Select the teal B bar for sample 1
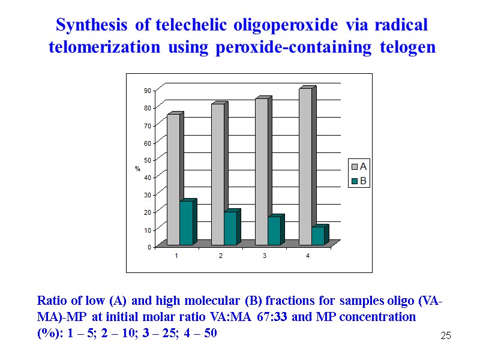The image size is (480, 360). point(186,223)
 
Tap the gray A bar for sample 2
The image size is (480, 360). point(217,174)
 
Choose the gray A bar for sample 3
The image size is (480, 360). point(261,172)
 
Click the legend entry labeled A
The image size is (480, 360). point(359,166)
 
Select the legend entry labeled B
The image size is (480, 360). point(359,180)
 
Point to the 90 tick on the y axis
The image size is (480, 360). point(147,90)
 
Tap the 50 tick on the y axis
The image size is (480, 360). point(147,160)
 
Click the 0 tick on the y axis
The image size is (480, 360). point(149,247)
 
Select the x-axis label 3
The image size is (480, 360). point(264,256)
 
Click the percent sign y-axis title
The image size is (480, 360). point(137,169)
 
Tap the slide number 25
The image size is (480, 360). point(445,335)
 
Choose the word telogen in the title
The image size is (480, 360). point(407,47)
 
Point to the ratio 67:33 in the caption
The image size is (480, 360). point(272,316)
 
